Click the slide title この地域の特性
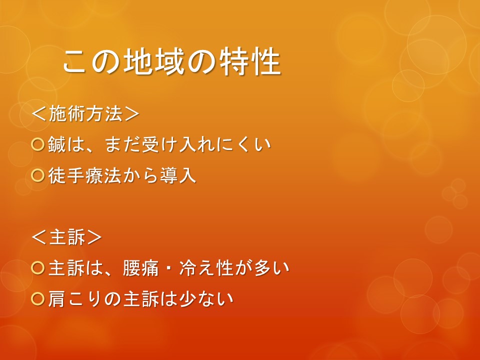pos(171,61)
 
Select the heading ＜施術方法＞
pos(85,114)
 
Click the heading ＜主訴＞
pos(66,237)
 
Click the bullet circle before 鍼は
pos(38,144)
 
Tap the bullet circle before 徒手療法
pos(38,175)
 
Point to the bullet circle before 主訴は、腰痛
pos(38,267)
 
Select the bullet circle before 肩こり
pos(38,299)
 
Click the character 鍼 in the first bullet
pos(57,144)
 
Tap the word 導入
pos(178,175)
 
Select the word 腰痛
pos(141,268)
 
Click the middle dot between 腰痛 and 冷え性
pos(169,268)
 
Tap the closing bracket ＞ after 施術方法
pos(132,114)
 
